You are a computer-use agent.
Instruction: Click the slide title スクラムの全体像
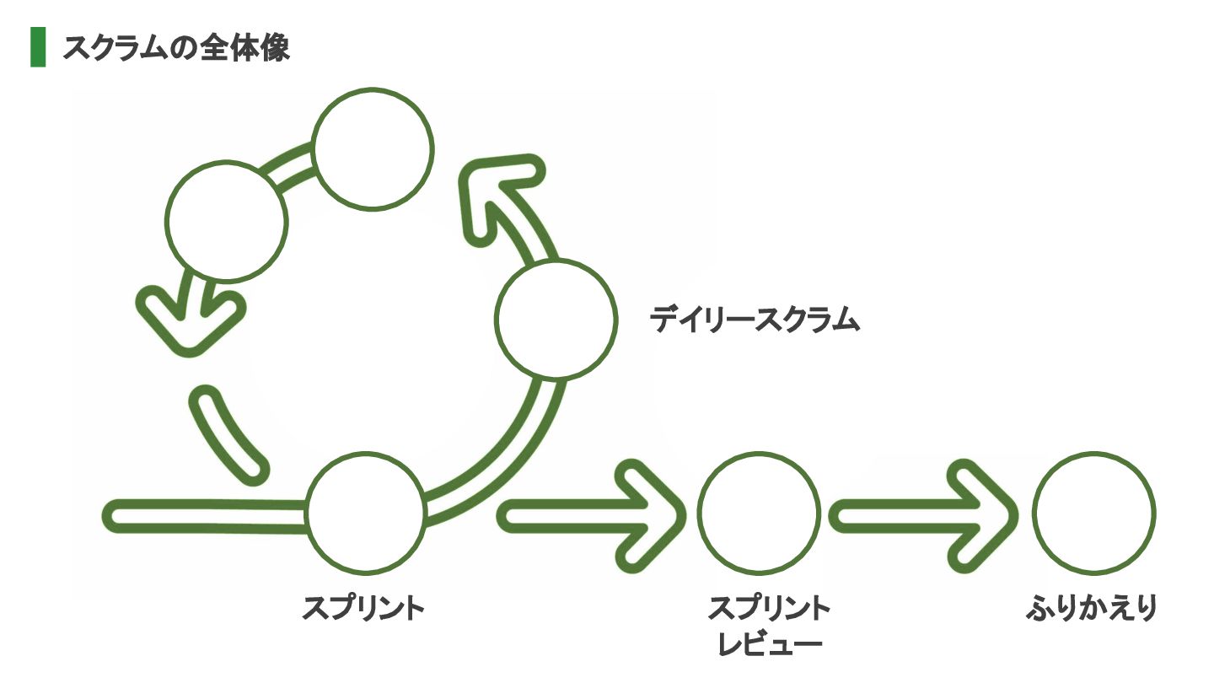(x=175, y=47)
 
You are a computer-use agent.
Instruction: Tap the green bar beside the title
(x=38, y=47)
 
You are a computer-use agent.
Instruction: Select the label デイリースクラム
(x=755, y=320)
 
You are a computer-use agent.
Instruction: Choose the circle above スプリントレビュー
(x=758, y=513)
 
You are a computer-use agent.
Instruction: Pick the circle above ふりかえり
(x=1094, y=513)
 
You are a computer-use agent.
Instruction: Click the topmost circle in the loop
(x=372, y=148)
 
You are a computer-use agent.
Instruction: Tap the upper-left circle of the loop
(x=226, y=221)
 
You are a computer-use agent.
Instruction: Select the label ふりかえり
(x=1089, y=608)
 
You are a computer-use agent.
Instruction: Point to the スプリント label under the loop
(x=363, y=608)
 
